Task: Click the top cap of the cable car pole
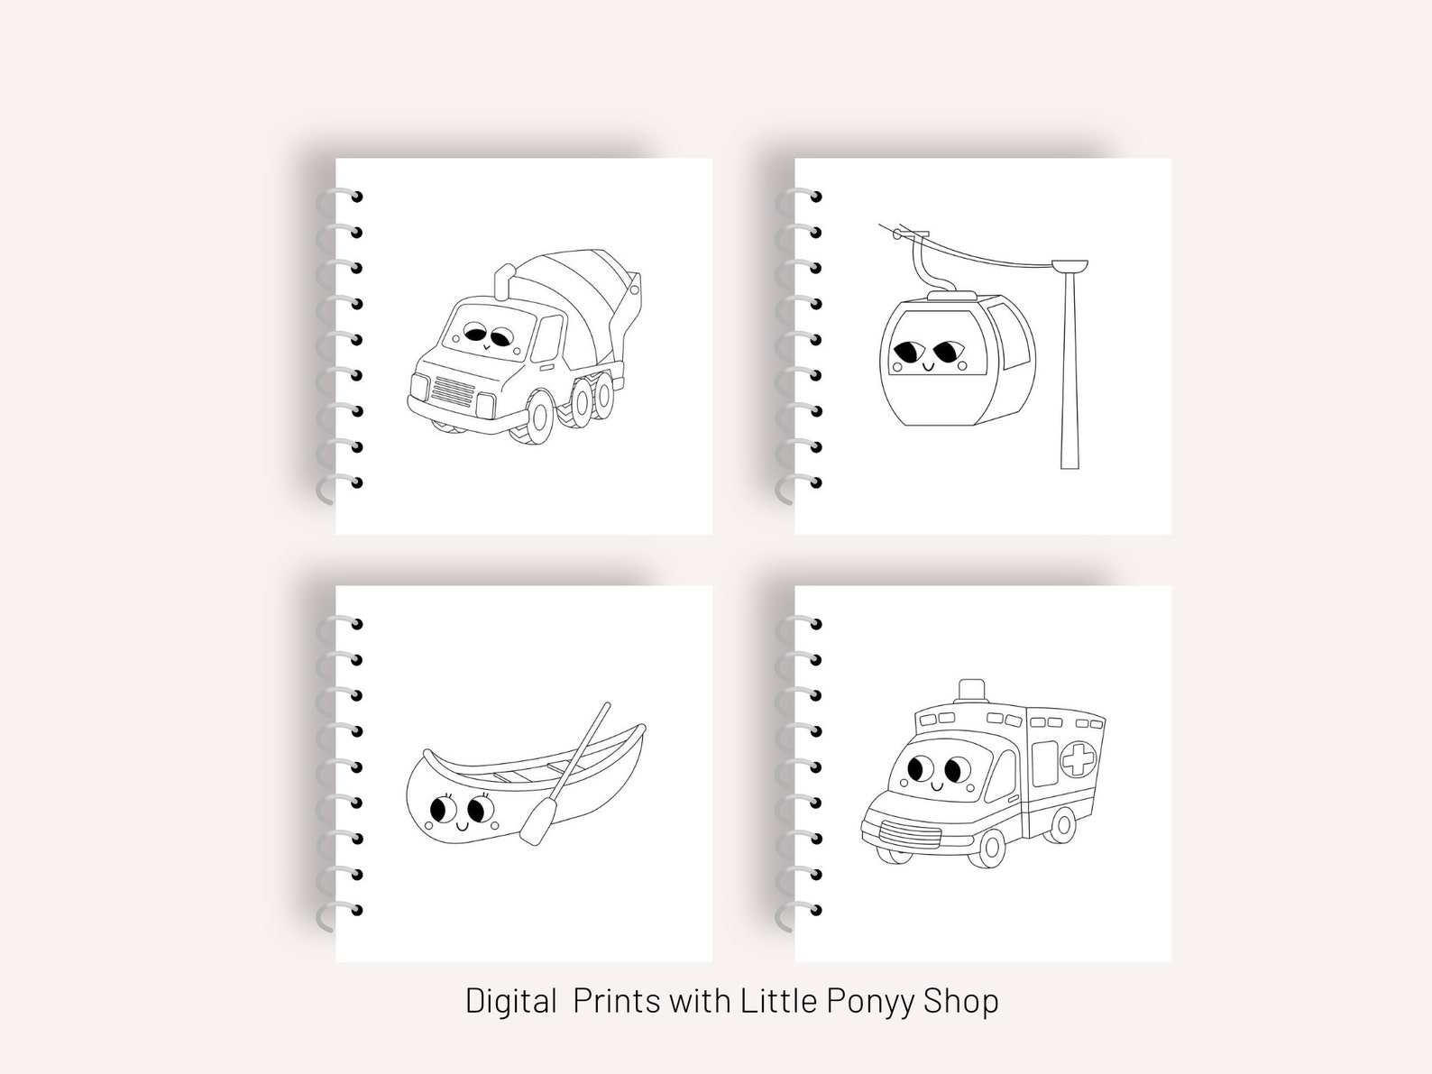pyautogui.click(x=1069, y=266)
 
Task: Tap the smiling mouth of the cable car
pyautogui.click(x=927, y=366)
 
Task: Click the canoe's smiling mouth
pyautogui.click(x=461, y=825)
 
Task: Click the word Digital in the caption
pyautogui.click(x=510, y=1000)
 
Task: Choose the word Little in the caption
pyautogui.click(x=778, y=1000)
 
